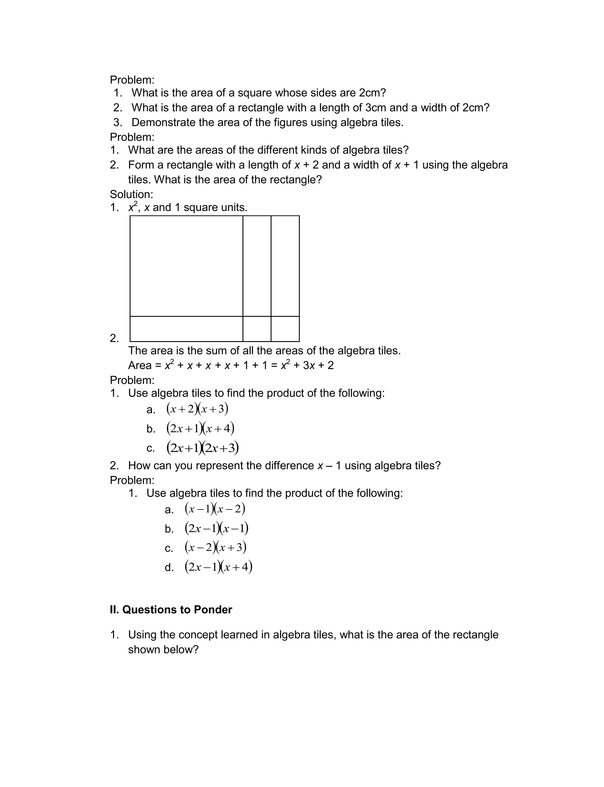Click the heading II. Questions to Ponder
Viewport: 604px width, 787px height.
pyautogui.click(x=171, y=609)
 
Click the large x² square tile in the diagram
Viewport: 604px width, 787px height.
pyautogui.click(x=186, y=266)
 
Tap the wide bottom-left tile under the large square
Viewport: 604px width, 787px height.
pyautogui.click(x=186, y=329)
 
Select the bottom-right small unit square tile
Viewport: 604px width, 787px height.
pyautogui.click(x=285, y=329)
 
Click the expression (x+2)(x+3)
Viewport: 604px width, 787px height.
pyautogui.click(x=197, y=409)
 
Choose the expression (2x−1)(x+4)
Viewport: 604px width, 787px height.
pyautogui.click(x=218, y=567)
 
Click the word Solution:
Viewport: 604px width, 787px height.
pyautogui.click(x=131, y=194)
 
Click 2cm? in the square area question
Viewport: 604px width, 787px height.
pyautogui.click(x=372, y=93)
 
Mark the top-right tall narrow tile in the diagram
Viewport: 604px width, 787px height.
pyautogui.click(x=285, y=266)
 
